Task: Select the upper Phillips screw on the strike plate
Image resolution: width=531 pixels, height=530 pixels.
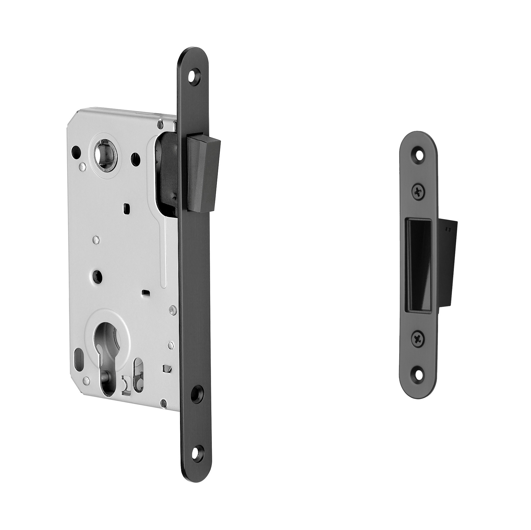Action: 419,192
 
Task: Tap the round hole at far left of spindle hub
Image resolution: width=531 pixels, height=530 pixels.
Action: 76,151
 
